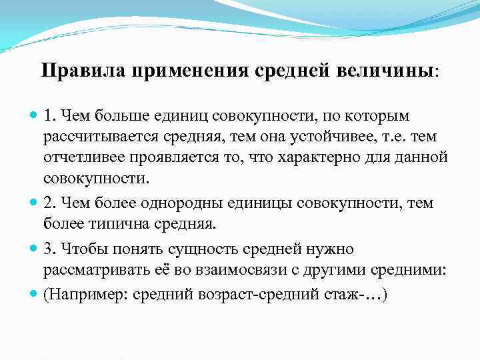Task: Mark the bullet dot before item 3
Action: (x=33, y=249)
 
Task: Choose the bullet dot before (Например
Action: (x=33, y=294)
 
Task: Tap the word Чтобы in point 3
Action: (x=81, y=249)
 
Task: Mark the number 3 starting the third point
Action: (x=48, y=249)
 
